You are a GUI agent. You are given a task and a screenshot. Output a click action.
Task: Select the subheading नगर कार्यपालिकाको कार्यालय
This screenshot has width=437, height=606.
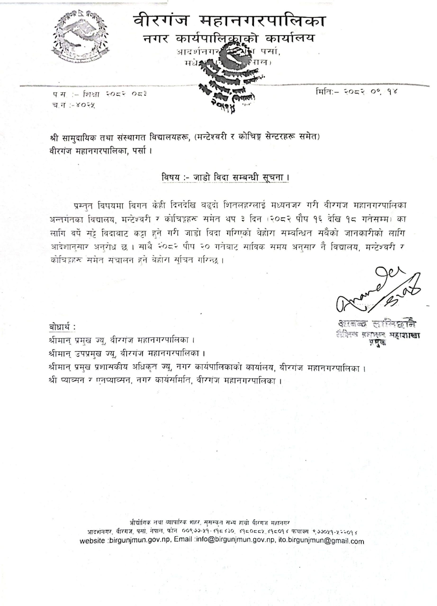coord(229,39)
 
